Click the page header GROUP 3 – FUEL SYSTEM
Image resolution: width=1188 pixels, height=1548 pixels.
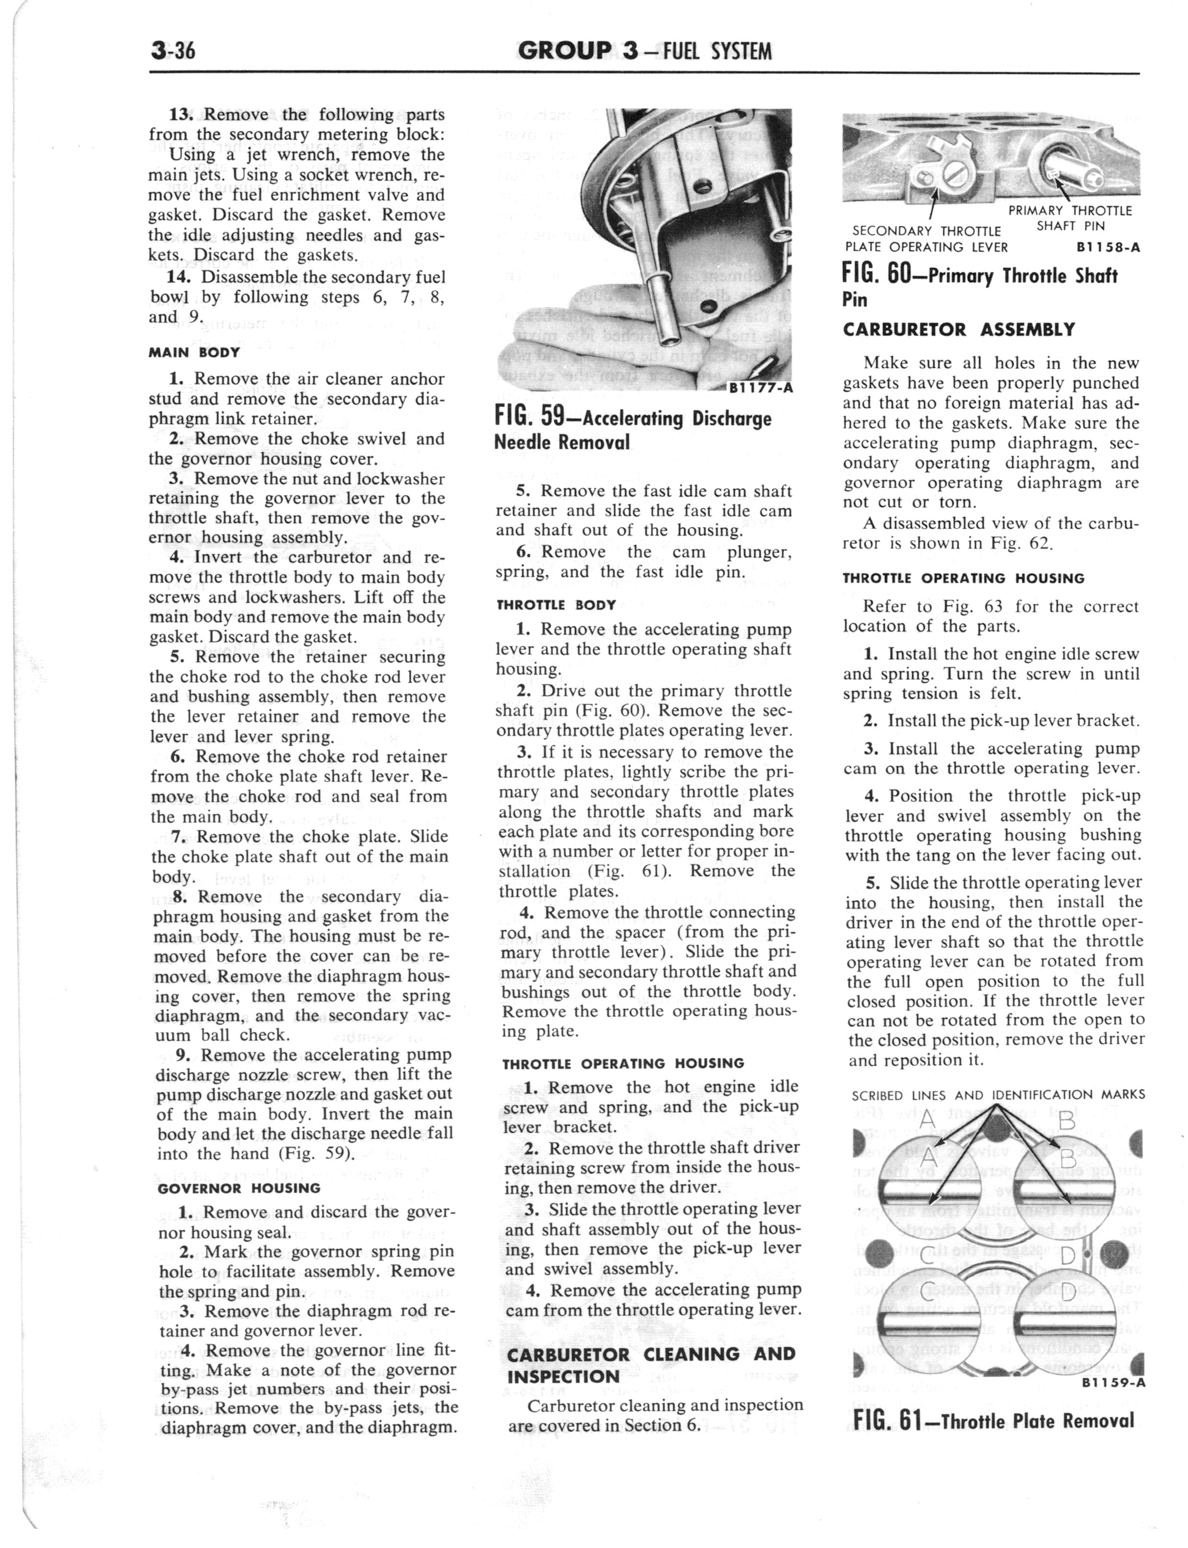click(644, 50)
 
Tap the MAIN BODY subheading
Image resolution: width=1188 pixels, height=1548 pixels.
click(194, 351)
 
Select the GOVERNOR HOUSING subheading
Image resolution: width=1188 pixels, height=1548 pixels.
click(239, 1188)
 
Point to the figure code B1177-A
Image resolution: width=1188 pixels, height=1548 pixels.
click(759, 388)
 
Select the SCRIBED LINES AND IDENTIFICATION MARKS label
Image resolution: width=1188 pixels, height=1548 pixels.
click(998, 1094)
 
